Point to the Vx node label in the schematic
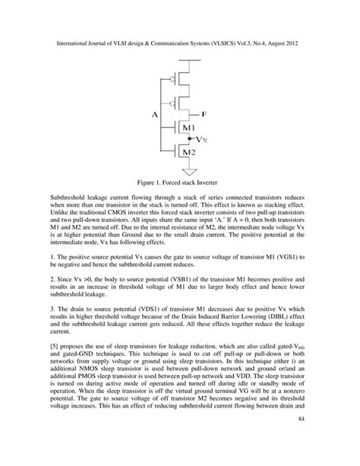(202, 141)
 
